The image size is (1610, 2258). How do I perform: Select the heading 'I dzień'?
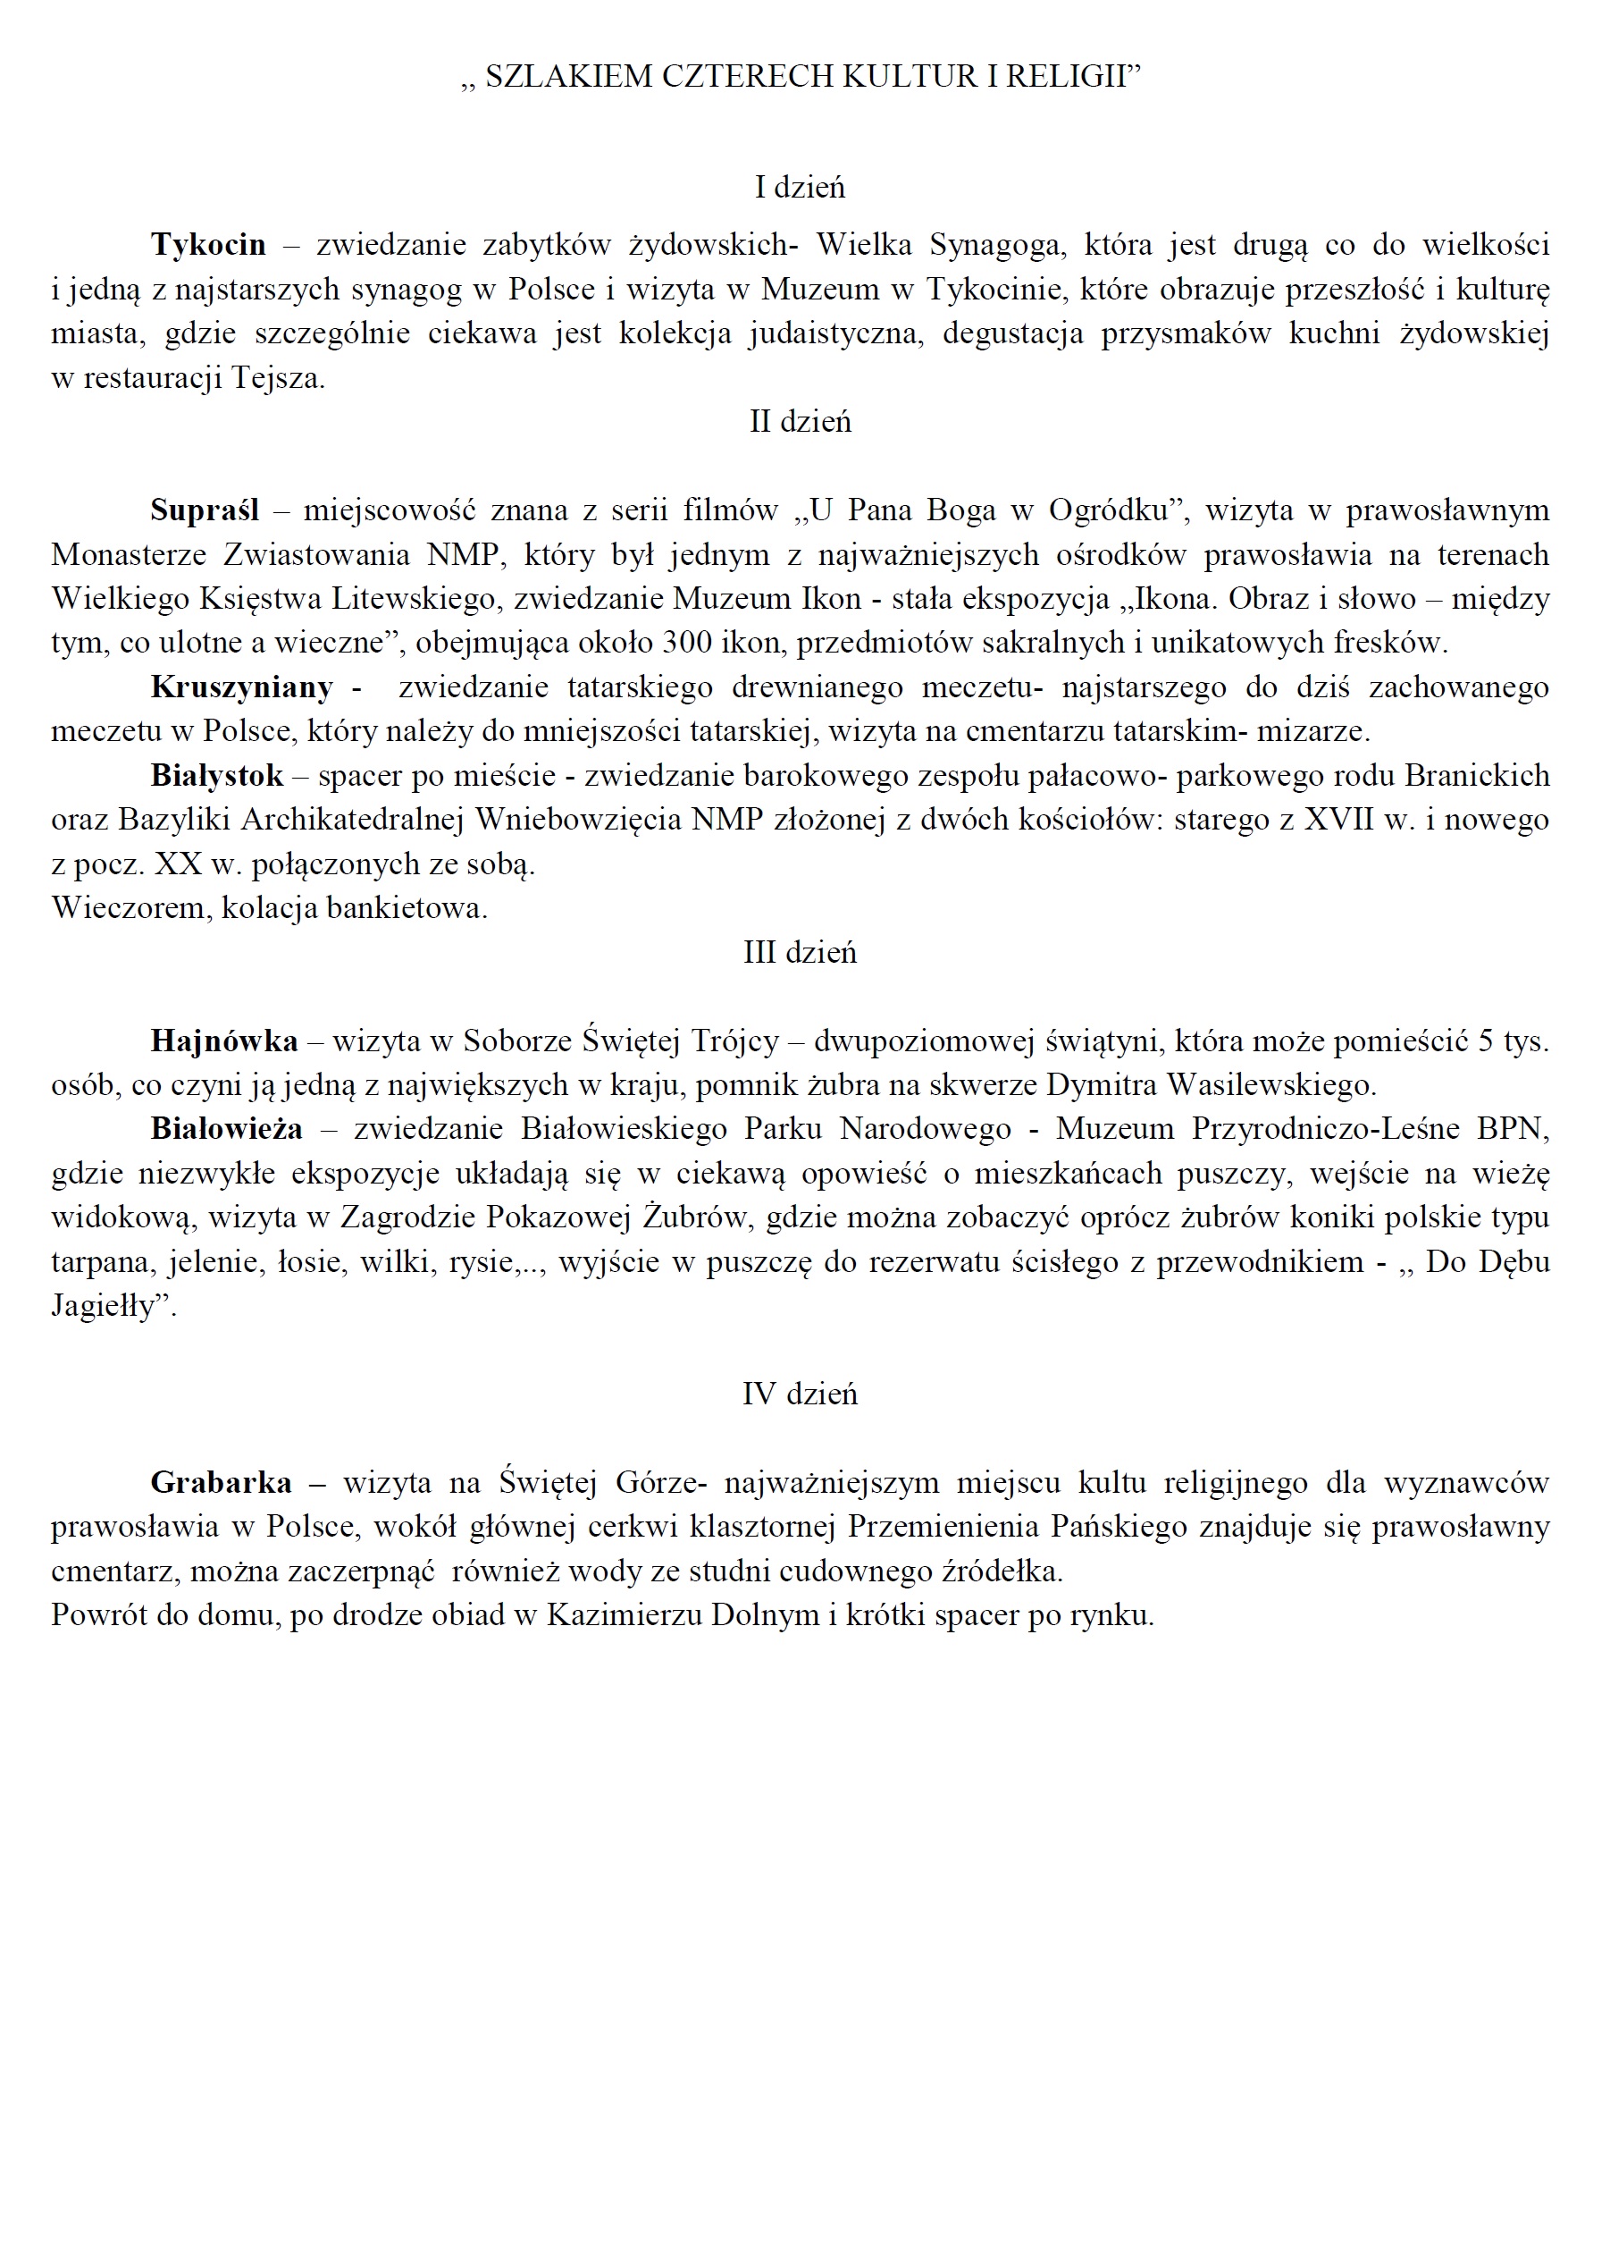pyautogui.click(x=800, y=187)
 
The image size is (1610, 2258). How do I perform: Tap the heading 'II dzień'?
pyautogui.click(x=800, y=421)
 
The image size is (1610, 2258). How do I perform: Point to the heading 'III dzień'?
pyautogui.click(x=800, y=952)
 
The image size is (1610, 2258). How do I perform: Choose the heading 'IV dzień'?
pyautogui.click(x=800, y=1394)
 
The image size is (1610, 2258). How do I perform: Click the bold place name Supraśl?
pyautogui.click(x=205, y=510)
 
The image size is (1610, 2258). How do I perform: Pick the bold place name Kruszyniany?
pyautogui.click(x=241, y=687)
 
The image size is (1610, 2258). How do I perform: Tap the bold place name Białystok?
pyautogui.click(x=216, y=776)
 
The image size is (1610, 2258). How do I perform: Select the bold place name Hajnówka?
pyautogui.click(x=224, y=1041)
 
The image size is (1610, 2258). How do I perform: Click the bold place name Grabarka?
pyautogui.click(x=221, y=1482)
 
